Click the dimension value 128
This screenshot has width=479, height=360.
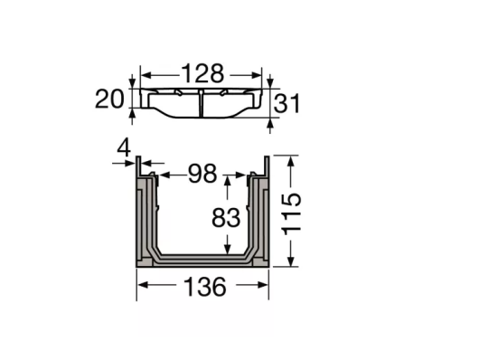coord(202,73)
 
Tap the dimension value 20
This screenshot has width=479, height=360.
coord(109,99)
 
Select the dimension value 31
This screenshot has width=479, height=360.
coord(286,103)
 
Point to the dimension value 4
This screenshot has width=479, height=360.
coord(124,148)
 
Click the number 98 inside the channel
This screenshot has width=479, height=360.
coord(202,174)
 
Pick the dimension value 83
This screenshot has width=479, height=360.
coord(226,217)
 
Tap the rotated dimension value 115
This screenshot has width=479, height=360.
coord(292,214)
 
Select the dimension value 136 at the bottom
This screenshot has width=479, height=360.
coord(205,287)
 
